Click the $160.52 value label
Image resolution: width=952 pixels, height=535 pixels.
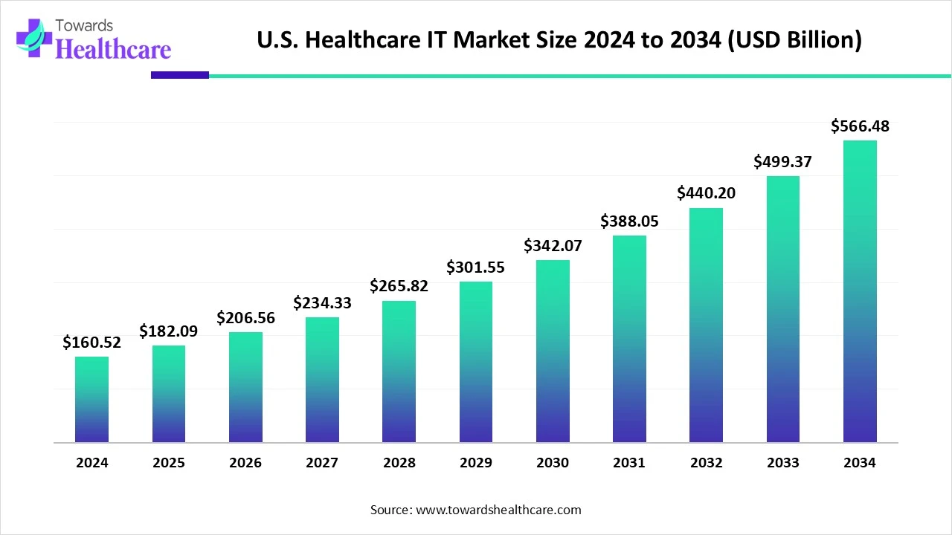[91, 343]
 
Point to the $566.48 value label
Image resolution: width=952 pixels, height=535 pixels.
[860, 126]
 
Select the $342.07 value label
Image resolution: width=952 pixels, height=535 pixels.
[553, 245]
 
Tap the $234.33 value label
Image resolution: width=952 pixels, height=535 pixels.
[322, 303]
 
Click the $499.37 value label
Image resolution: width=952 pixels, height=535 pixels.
[782, 161]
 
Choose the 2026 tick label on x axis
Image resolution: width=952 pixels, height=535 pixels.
[245, 463]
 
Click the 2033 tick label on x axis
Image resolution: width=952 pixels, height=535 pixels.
[782, 463]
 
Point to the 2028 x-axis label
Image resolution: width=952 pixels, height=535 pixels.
[399, 463]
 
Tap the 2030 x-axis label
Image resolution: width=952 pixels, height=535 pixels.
[553, 463]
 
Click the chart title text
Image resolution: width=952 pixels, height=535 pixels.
[559, 40]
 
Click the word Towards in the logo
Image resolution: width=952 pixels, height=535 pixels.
[88, 25]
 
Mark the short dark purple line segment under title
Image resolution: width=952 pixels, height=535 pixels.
[180, 75]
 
